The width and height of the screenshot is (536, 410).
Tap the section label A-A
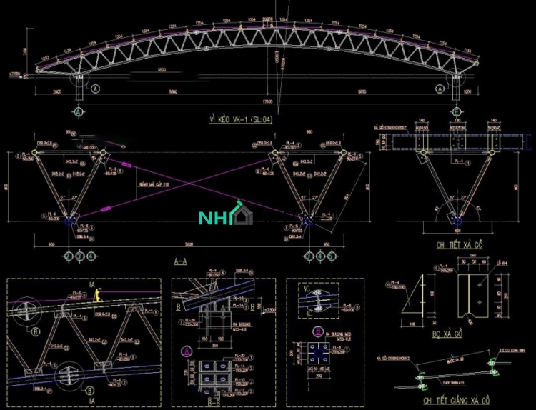181,262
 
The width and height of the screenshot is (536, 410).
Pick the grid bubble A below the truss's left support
79,112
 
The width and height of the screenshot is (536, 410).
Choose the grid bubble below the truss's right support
457,112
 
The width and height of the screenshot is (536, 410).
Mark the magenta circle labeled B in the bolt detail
317,331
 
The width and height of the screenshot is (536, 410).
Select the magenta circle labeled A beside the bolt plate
186,351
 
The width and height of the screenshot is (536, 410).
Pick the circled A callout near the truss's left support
95,89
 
